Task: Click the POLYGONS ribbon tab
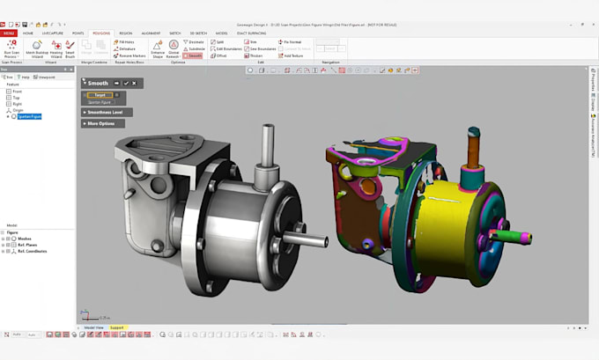click(x=100, y=33)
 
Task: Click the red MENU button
click(x=9, y=33)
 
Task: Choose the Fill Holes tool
click(x=127, y=41)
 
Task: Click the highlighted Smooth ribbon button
click(x=194, y=55)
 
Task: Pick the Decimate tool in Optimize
click(x=196, y=41)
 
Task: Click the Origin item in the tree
click(x=18, y=110)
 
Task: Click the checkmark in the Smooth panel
click(x=126, y=83)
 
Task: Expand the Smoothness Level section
click(x=107, y=112)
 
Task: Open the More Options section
click(x=102, y=123)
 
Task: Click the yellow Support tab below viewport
click(x=117, y=327)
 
